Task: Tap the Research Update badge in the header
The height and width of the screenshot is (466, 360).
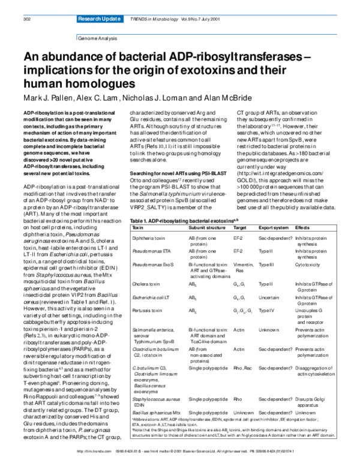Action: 97,20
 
